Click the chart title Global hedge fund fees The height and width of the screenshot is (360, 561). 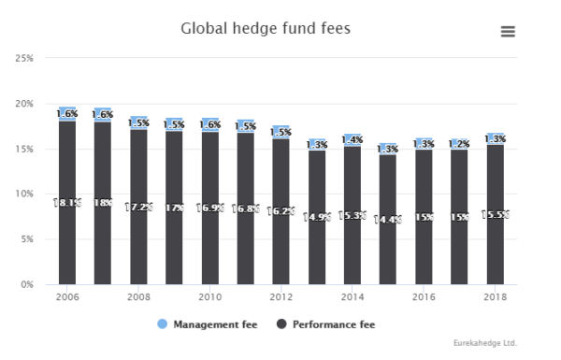(265, 29)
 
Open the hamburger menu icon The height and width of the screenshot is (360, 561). (508, 31)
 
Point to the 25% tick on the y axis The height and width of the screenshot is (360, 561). (25, 58)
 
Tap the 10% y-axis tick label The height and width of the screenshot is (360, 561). (25, 194)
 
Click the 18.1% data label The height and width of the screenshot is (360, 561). (67, 203)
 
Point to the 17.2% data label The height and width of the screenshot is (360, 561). (138, 207)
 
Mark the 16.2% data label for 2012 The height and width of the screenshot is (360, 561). (281, 211)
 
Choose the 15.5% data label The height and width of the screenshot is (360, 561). (496, 214)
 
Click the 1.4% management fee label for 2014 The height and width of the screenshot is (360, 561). (352, 140)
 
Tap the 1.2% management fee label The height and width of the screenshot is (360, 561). (459, 144)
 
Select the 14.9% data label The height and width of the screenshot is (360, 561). (317, 217)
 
